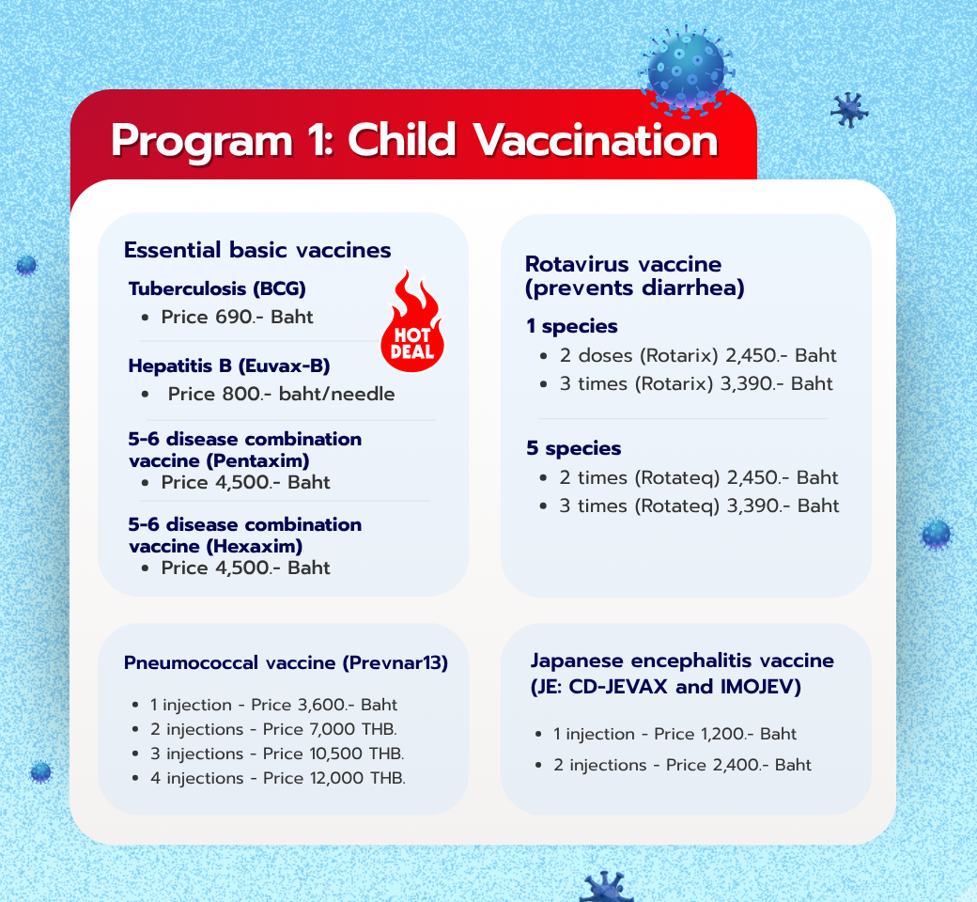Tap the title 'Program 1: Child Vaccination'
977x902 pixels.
[x=413, y=141]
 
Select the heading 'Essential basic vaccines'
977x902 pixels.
[x=257, y=250]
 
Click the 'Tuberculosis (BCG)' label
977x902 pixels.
[x=217, y=289]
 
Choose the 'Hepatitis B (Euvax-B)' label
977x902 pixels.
[x=229, y=366]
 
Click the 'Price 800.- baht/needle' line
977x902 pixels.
[x=281, y=395]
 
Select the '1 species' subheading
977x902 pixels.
[x=571, y=327]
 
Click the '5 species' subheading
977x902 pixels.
[x=573, y=448]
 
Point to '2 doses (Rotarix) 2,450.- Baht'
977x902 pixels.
[x=697, y=356]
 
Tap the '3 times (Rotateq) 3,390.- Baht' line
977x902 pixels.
[x=699, y=505]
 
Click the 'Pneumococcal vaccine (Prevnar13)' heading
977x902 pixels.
[x=286, y=663]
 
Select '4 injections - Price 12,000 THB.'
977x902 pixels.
[x=277, y=778]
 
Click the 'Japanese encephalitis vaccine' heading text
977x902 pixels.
[x=682, y=661]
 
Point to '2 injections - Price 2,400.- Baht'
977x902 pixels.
[x=682, y=765]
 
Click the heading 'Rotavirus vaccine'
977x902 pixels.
[x=623, y=264]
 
